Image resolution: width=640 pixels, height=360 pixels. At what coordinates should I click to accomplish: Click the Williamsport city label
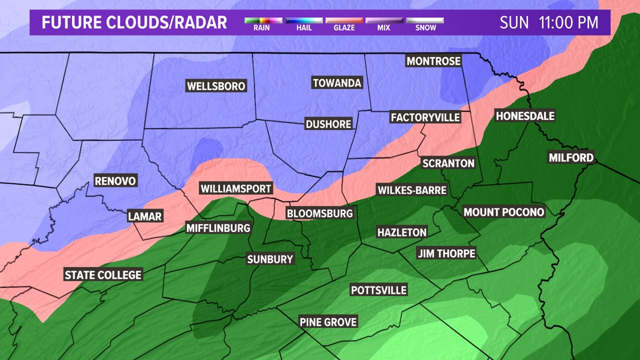point(236,189)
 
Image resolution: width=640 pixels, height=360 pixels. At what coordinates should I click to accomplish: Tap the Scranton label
point(448,163)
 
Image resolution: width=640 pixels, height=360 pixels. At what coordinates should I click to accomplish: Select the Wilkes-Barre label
point(412,190)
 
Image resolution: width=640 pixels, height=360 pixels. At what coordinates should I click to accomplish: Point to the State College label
point(103,275)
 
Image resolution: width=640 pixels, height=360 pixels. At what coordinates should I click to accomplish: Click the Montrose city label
point(433,61)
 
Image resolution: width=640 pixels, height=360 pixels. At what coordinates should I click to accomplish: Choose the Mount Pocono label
point(504,212)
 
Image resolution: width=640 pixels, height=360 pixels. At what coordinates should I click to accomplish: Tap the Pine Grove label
point(328,322)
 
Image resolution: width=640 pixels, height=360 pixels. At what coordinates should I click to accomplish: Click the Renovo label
point(115,181)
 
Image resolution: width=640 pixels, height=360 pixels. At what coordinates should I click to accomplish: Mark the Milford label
point(571,157)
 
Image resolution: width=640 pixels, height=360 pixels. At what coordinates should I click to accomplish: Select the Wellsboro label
point(216,86)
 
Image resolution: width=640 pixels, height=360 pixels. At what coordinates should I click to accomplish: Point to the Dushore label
point(328,124)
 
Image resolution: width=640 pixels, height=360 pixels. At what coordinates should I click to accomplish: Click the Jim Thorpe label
point(446,253)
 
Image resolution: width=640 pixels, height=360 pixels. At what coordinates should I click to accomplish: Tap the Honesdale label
point(525,116)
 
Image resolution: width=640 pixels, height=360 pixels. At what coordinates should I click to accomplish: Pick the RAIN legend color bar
point(263,21)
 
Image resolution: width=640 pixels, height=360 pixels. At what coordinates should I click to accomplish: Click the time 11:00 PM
point(568,23)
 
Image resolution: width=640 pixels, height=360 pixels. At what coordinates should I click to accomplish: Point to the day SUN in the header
point(514,23)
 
